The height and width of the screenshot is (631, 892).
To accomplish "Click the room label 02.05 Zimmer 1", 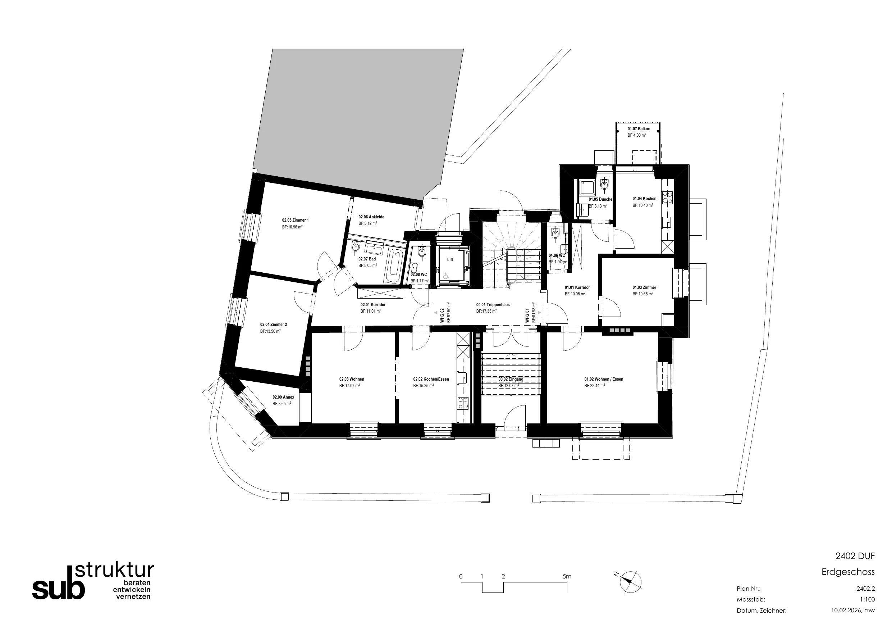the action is point(295,220).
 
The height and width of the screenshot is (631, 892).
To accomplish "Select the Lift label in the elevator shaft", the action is point(450,260).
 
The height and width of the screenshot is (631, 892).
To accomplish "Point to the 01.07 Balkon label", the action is point(639,129).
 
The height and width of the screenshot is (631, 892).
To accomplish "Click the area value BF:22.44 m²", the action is point(595,386).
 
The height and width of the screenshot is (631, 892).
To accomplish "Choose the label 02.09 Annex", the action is point(283,397).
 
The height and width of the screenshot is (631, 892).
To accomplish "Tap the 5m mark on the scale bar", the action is point(567,577).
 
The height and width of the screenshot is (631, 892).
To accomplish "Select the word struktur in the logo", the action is point(115,570).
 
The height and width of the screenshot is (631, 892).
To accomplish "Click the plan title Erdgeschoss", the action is point(848,572).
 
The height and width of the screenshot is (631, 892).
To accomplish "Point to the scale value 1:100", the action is point(868,599).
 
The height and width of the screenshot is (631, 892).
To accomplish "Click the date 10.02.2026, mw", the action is point(853,610).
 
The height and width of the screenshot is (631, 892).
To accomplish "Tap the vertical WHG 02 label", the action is point(442,316).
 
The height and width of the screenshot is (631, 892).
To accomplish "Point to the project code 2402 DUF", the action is point(855,556).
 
